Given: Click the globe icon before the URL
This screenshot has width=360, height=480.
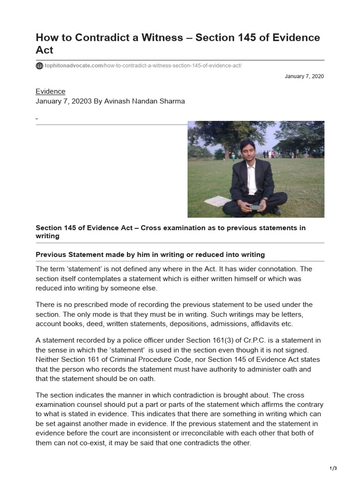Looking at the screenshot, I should (39, 66).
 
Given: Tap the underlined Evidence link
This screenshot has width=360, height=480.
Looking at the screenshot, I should (51, 91).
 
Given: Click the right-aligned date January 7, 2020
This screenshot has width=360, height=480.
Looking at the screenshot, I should (304, 76).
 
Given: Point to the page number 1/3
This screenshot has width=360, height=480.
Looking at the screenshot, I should (333, 468).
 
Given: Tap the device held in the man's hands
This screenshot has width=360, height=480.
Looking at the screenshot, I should (255, 207).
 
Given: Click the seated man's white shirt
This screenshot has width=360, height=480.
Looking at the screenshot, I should (252, 179).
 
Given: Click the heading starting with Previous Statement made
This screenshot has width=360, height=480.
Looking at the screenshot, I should (150, 255).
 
